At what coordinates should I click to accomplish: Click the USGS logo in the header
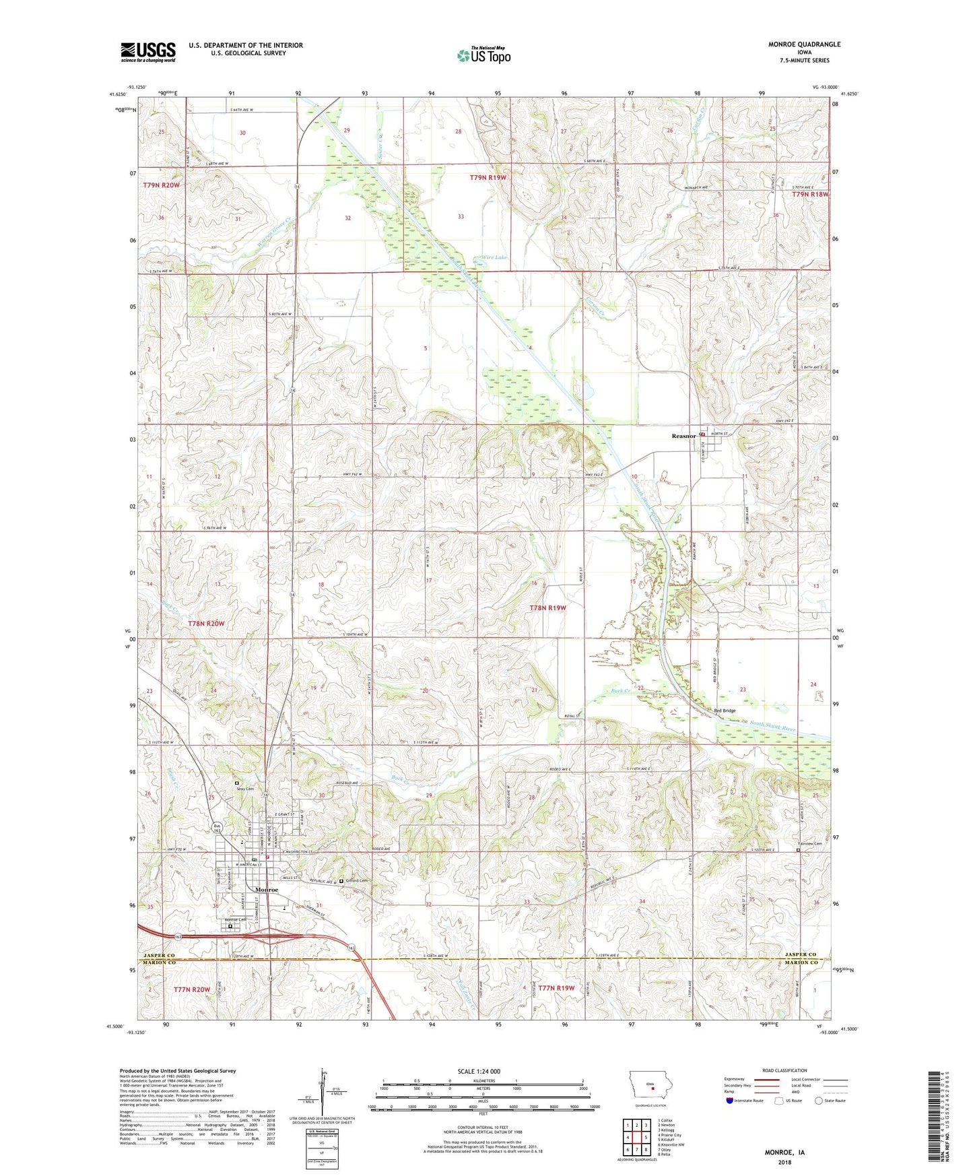point(147,52)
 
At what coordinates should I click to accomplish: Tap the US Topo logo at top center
point(483,55)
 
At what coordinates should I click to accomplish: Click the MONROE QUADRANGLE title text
point(804,44)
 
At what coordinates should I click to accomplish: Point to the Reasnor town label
point(683,436)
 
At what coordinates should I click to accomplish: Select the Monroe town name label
point(267,890)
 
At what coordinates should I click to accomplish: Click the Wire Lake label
point(494,257)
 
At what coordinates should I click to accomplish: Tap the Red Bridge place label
point(725,711)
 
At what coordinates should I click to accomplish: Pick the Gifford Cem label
point(357,880)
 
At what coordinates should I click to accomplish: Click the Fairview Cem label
point(809,843)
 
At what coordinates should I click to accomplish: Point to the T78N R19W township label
point(548,608)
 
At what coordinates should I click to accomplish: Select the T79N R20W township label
point(162,185)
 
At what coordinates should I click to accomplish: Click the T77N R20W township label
point(192,989)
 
